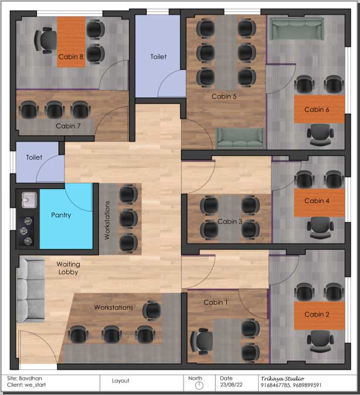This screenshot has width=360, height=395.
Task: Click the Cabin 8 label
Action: (x=71, y=57)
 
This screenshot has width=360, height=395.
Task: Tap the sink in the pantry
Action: (x=29, y=200)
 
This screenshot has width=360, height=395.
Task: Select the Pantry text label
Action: (x=61, y=215)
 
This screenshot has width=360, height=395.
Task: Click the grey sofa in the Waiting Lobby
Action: (x=30, y=290)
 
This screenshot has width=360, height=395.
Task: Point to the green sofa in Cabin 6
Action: (x=297, y=29)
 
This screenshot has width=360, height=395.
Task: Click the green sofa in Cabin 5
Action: (x=240, y=138)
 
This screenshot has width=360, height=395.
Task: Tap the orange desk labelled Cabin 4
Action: (x=319, y=202)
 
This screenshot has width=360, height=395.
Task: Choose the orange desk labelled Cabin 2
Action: (x=319, y=316)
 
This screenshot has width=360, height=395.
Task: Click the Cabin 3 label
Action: (x=230, y=221)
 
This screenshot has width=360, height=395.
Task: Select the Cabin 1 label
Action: (x=216, y=302)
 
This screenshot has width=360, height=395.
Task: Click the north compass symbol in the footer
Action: (x=199, y=386)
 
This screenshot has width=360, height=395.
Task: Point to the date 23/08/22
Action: (x=231, y=385)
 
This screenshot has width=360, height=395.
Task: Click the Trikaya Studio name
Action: (x=282, y=379)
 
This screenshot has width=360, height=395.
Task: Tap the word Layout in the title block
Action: (x=121, y=381)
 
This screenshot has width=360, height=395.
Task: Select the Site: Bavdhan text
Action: (x=25, y=379)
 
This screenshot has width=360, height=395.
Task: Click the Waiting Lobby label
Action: (x=68, y=268)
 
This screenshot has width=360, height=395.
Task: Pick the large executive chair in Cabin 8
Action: (x=46, y=40)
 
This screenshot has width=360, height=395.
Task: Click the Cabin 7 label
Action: (x=68, y=126)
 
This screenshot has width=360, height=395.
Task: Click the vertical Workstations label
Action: (x=107, y=220)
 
